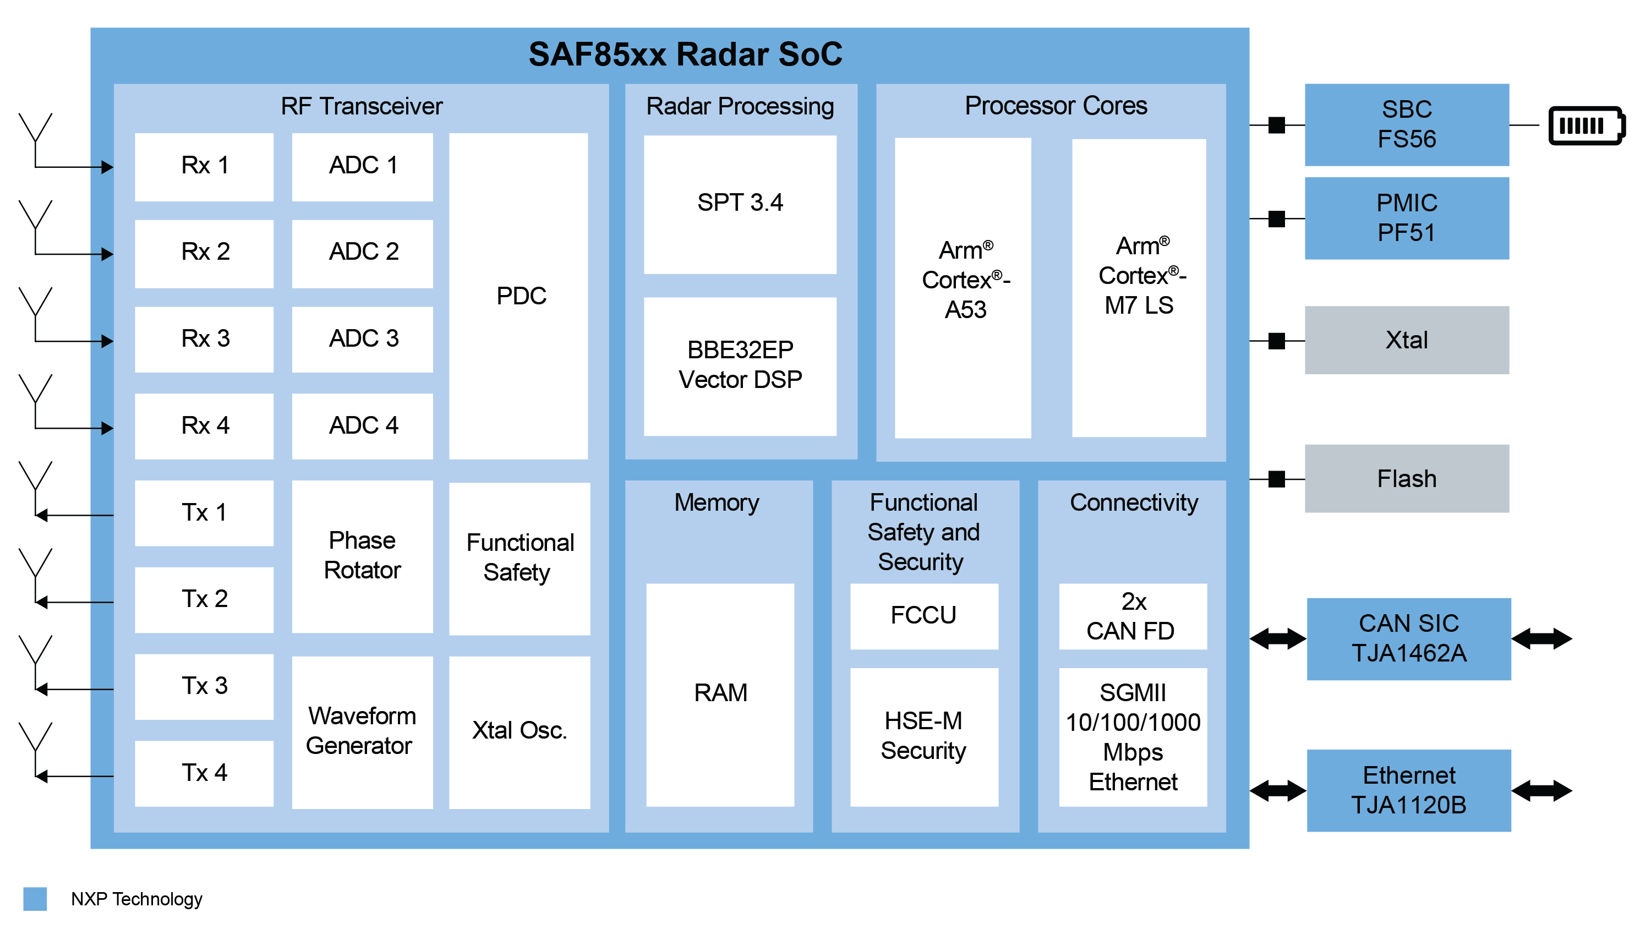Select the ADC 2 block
(x=362, y=253)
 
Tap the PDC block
(x=518, y=296)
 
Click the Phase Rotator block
(x=362, y=556)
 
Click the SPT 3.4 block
(x=740, y=204)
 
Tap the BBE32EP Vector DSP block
(x=740, y=365)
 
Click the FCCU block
(x=923, y=615)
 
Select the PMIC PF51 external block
(x=1406, y=218)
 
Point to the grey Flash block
(x=1406, y=478)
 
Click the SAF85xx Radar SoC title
(x=685, y=54)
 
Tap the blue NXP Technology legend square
(x=35, y=898)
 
